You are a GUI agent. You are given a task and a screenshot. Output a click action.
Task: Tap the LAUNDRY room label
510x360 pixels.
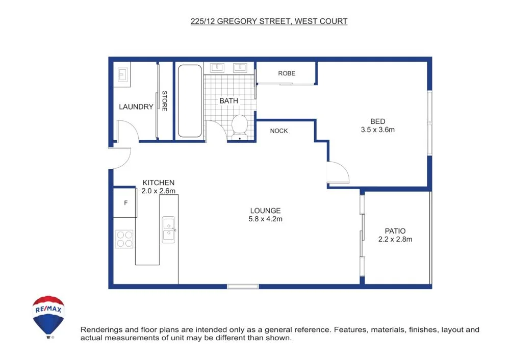[136, 107]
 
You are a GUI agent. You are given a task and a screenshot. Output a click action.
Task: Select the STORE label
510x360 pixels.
[165, 101]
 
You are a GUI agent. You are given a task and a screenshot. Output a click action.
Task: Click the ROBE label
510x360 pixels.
[287, 73]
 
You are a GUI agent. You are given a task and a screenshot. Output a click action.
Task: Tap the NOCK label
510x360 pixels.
[279, 131]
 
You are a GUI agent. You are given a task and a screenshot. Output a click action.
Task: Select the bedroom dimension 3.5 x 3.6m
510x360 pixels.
[377, 130]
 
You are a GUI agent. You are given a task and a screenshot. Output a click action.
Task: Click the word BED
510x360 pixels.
[377, 121]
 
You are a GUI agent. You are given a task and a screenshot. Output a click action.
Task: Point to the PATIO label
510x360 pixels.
[395, 231]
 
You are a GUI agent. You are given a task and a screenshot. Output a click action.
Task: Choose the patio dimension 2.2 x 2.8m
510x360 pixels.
[395, 239]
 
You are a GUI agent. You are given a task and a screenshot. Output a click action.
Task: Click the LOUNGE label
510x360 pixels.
[265, 211]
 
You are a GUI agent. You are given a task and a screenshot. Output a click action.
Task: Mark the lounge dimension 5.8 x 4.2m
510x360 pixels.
[265, 219]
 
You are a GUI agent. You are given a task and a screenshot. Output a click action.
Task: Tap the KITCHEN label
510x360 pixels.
[158, 183]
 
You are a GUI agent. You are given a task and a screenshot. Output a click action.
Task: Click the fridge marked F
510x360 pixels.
[125, 202]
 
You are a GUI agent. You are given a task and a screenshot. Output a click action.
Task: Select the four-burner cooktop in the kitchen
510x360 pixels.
[124, 239]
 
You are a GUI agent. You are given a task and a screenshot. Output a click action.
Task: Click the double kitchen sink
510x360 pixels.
[169, 229]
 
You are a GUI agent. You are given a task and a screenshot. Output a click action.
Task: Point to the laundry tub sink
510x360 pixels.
[123, 75]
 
